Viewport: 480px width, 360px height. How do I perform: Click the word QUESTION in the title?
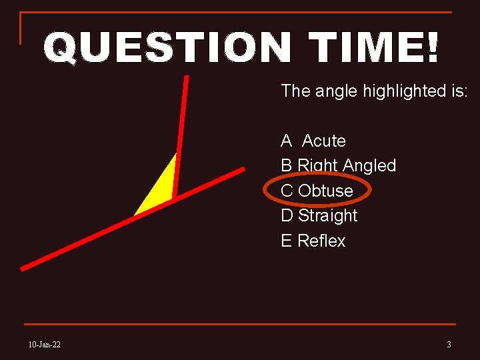tap(167, 49)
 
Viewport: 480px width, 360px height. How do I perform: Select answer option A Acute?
tap(313, 141)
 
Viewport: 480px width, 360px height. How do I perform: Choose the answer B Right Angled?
tap(338, 165)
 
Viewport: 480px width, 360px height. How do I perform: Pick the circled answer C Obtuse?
tap(317, 191)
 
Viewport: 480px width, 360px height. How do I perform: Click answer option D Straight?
tap(319, 215)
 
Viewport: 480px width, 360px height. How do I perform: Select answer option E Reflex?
tap(313, 241)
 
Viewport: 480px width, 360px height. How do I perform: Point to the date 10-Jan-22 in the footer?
tap(45, 344)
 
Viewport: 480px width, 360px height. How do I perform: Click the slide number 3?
tap(449, 344)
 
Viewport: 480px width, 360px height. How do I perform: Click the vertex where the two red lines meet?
tap(173, 199)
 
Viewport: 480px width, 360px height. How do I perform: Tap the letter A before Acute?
tap(287, 141)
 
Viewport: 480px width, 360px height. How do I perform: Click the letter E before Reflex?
tap(287, 241)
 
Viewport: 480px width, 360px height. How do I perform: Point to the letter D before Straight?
tap(287, 215)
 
